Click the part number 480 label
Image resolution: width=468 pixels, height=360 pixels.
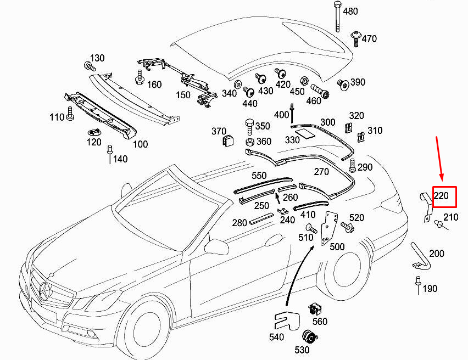tap(350, 12)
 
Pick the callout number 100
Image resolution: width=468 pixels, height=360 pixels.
tap(141, 144)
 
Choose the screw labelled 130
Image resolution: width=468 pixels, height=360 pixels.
tap(88, 67)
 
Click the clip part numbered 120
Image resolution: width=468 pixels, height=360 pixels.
tap(94, 132)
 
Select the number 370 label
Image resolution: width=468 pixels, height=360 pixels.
tap(219, 131)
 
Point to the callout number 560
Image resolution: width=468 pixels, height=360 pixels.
tap(319, 322)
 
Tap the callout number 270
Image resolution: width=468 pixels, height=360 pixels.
tap(321, 172)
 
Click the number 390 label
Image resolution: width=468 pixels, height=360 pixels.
tap(358, 82)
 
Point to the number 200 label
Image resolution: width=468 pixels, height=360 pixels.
tap(437, 254)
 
